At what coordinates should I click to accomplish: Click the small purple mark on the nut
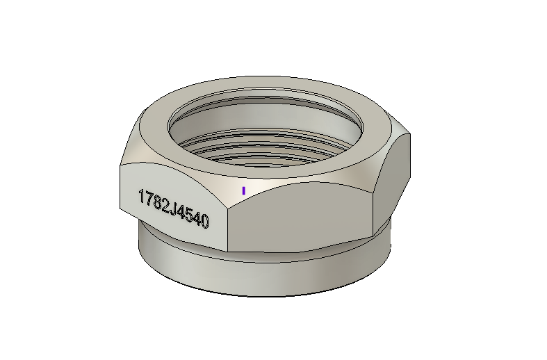[243, 190]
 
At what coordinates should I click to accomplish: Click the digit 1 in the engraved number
[142, 197]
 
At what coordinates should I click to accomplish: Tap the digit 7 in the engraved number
[150, 199]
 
